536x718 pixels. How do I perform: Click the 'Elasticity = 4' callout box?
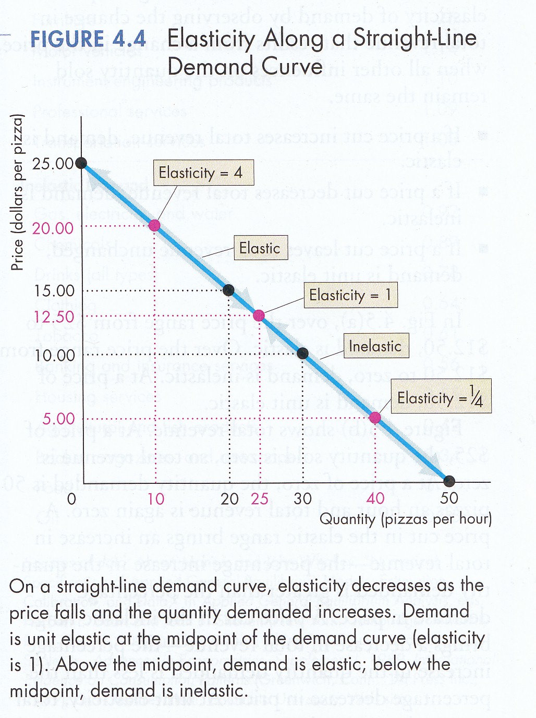tap(203, 173)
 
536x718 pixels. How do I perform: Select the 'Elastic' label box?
tap(260, 248)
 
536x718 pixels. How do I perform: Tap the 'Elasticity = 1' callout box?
tap(350, 295)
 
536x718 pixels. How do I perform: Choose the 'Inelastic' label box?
tap(375, 346)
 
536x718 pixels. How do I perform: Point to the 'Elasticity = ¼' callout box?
tap(441, 398)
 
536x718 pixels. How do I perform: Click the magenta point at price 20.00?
tap(155, 225)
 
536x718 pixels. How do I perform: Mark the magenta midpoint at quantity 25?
tap(259, 315)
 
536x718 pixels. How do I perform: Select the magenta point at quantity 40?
tap(375, 418)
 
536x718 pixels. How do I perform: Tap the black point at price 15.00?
tap(228, 290)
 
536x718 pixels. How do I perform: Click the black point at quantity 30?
tap(302, 354)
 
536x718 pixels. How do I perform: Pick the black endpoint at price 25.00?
tap(81, 163)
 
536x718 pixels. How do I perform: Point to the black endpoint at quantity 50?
tap(449, 481)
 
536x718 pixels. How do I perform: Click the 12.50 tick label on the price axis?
tap(54, 317)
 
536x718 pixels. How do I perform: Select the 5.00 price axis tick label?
tap(59, 419)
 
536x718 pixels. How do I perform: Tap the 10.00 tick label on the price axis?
tap(54, 356)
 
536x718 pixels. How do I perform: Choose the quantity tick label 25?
tap(260, 499)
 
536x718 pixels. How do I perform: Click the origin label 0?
tap(72, 499)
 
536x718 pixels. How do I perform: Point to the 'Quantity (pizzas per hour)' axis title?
tap(405, 519)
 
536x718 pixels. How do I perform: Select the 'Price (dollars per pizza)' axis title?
tap(18, 192)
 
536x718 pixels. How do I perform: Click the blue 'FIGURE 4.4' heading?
tap(88, 39)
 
